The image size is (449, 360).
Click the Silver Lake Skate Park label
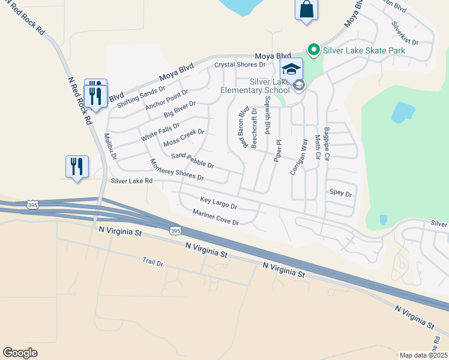364,50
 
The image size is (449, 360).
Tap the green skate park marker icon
313,50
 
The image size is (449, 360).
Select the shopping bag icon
306,10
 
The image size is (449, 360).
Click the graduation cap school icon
291,68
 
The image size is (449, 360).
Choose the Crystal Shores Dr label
240,65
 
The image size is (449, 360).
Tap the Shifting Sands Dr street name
140,97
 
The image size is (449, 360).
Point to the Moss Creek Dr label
184,137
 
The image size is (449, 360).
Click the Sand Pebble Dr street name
192,160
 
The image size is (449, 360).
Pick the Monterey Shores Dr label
177,170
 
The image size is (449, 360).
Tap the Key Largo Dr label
218,203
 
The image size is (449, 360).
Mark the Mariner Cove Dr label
215,218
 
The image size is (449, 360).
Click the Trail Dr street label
153,262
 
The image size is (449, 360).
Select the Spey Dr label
340,194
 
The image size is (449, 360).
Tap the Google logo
20,353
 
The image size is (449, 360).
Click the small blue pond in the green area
403,112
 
